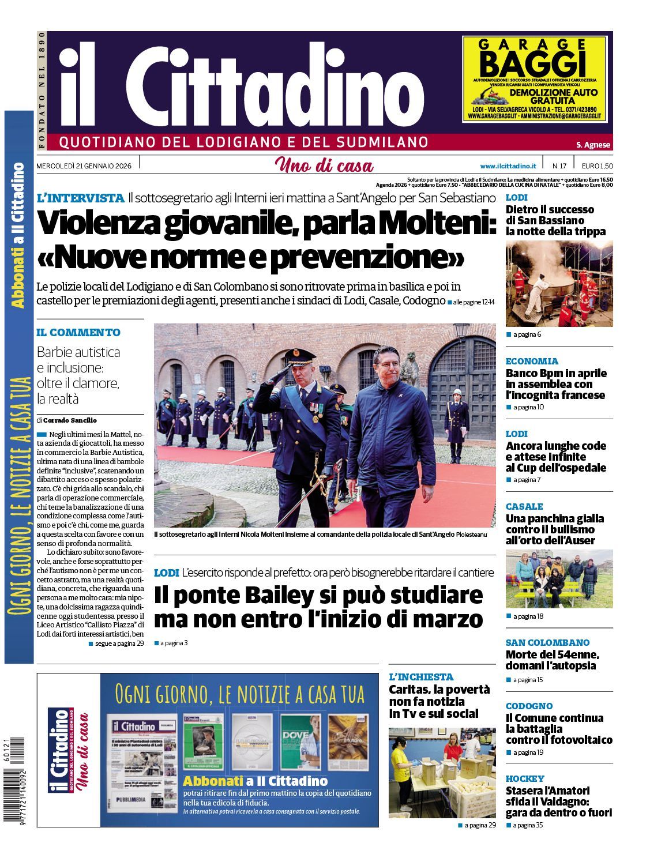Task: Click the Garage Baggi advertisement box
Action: tap(534, 78)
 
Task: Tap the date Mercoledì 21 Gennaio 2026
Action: tap(84, 166)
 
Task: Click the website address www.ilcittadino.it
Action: tap(508, 166)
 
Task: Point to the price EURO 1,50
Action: tap(597, 166)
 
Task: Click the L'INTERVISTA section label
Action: tap(80, 198)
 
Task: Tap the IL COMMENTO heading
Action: tap(78, 332)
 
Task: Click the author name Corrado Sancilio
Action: tap(70, 420)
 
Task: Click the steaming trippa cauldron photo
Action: tap(558, 284)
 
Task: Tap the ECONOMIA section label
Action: tap(532, 361)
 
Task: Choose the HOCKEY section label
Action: tap(525, 778)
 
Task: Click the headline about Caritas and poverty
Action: tap(439, 701)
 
